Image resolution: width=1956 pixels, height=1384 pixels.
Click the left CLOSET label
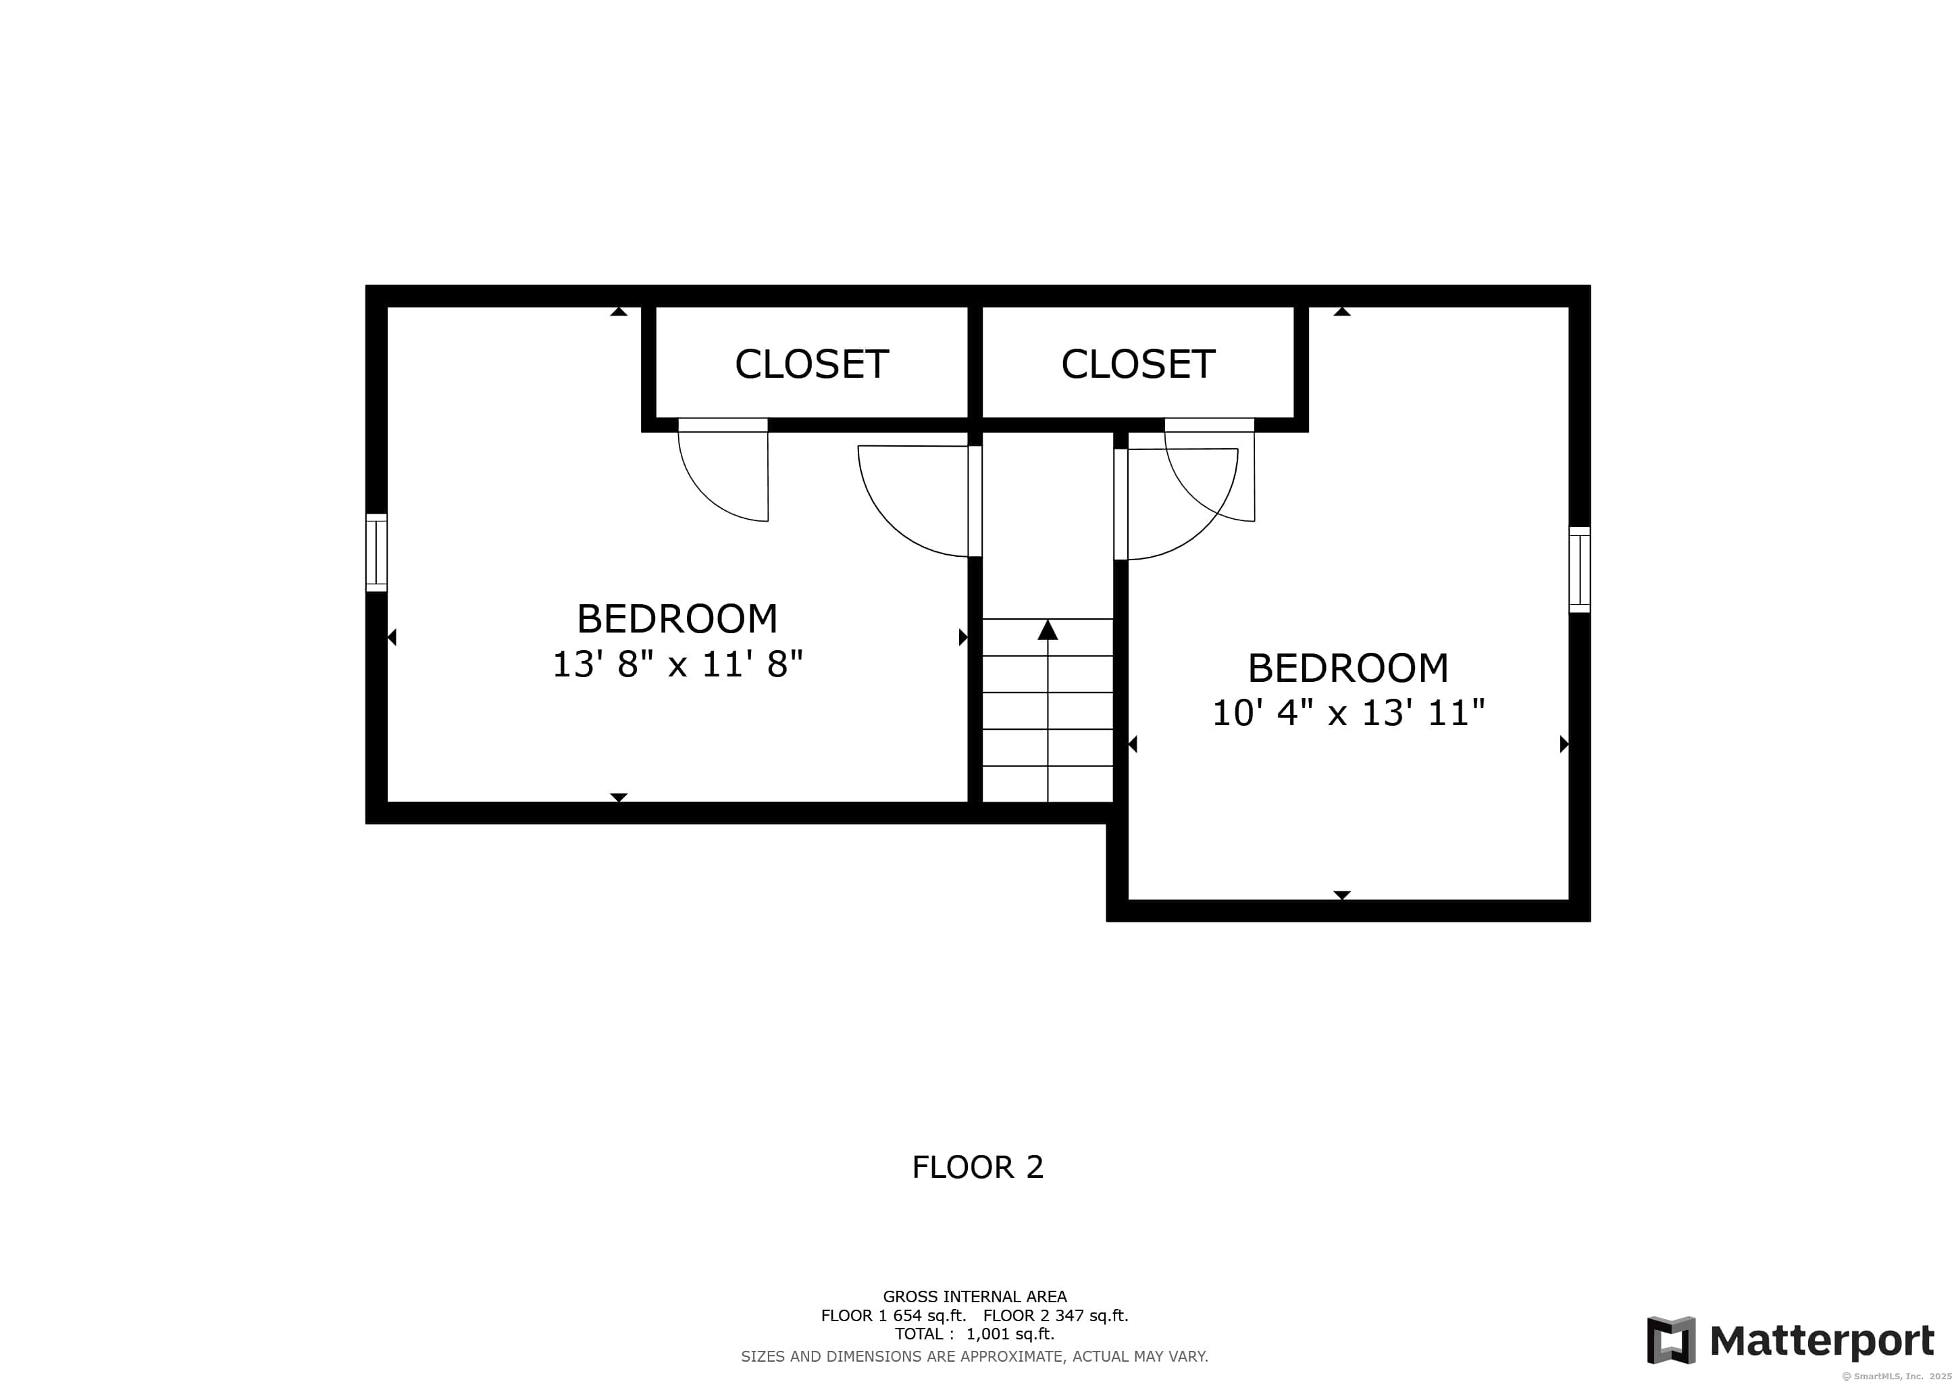coord(811,365)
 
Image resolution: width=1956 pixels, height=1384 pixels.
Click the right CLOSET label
coord(1137,365)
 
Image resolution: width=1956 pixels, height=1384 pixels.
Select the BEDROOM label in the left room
coord(677,619)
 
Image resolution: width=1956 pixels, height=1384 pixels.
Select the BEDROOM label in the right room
coord(1347,668)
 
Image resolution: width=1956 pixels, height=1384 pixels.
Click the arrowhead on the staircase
coord(1047,631)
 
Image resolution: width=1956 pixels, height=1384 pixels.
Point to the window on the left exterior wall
coord(377,552)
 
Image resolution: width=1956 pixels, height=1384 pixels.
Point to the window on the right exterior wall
coord(1578,569)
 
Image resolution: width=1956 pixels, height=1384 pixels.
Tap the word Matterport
coord(1822,1341)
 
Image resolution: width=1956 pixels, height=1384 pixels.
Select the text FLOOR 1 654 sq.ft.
coord(893,1316)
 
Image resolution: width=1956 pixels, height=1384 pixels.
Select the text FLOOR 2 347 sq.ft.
coord(1056,1316)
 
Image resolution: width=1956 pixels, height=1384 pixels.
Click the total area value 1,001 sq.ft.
coord(1010,1335)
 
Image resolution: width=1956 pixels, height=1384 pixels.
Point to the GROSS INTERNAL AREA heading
coord(975,1297)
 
